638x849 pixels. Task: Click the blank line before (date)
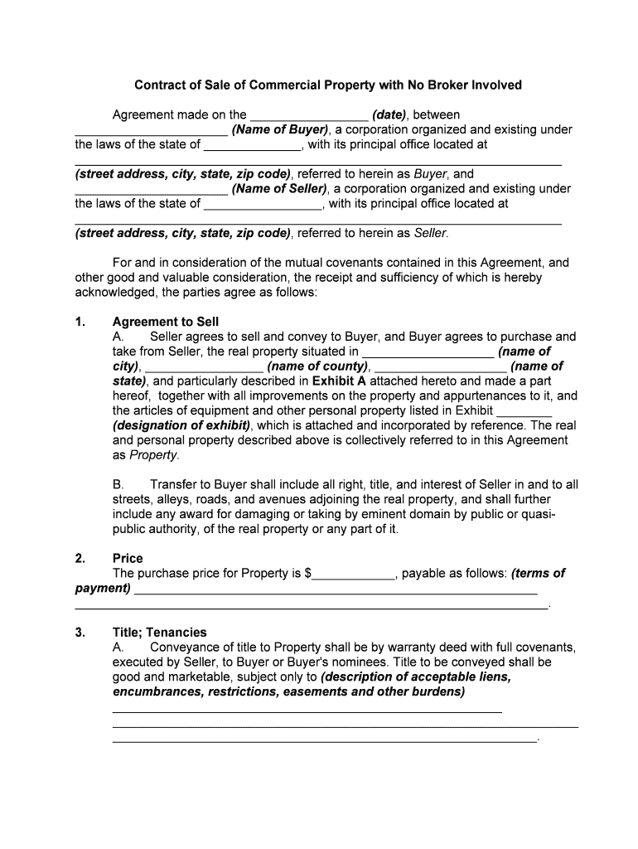pos(308,115)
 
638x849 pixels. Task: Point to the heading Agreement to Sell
pos(166,322)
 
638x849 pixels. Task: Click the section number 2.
pos(80,558)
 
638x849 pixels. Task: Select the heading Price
pos(128,558)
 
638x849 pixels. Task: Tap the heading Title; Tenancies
pos(160,633)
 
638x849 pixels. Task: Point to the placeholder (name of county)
pos(317,366)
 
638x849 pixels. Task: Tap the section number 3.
pos(80,633)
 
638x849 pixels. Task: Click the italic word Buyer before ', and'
pos(430,174)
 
